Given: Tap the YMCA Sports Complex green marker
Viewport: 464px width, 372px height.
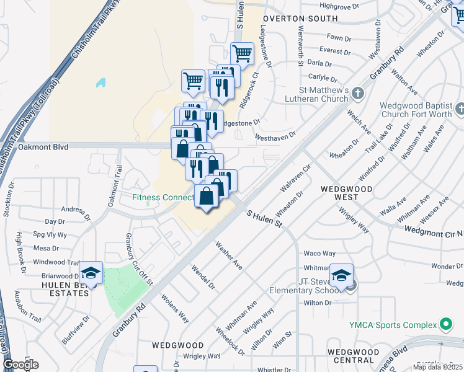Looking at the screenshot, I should click(x=445, y=324).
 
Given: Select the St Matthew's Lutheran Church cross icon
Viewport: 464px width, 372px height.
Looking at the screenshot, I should click(x=357, y=94).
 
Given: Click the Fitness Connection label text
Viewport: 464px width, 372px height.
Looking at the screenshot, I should click(x=163, y=198).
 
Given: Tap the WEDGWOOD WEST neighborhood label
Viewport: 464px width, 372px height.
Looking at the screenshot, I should click(x=339, y=192).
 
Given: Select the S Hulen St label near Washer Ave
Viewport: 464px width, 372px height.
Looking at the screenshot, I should click(x=264, y=219).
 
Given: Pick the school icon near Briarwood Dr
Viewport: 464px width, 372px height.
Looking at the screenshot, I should click(x=91, y=273).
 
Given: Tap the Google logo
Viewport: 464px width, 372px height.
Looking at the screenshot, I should click(x=20, y=365).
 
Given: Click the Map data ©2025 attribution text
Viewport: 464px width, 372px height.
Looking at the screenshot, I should click(x=438, y=367).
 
